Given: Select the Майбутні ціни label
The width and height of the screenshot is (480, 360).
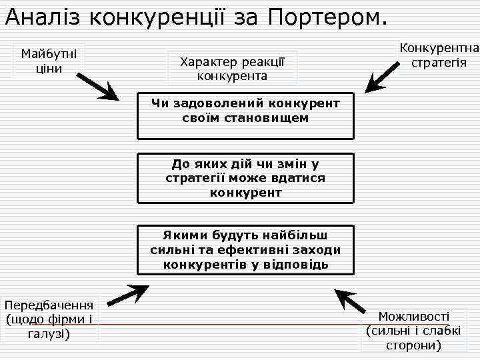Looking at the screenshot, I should click(x=49, y=61).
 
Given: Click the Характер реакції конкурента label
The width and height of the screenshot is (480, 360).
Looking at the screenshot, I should click(x=232, y=69).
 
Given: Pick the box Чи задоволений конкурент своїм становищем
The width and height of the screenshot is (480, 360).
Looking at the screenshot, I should click(x=245, y=114).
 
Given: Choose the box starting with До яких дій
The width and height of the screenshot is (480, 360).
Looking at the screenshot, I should click(x=245, y=178).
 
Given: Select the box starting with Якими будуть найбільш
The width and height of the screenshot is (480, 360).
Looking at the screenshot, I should click(x=245, y=250).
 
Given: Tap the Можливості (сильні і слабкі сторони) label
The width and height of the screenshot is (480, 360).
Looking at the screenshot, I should click(x=413, y=331).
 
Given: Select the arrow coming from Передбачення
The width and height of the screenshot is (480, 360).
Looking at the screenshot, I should click(x=127, y=293).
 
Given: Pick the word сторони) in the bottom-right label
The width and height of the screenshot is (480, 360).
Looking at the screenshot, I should click(x=413, y=345).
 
